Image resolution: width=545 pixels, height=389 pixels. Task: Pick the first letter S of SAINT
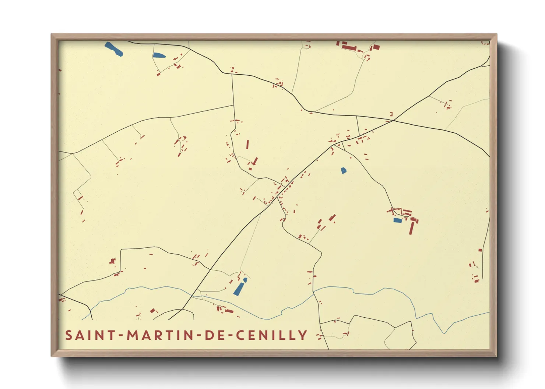coord(69,335)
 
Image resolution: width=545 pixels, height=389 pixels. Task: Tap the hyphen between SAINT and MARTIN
coord(120,335)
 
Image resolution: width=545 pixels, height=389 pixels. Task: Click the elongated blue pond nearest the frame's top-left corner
coord(113,49)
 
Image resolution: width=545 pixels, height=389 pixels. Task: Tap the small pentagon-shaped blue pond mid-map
coord(344,171)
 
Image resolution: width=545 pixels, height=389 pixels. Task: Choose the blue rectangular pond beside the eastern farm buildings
coord(397,220)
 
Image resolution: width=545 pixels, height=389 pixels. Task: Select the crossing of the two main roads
coord(394,120)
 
